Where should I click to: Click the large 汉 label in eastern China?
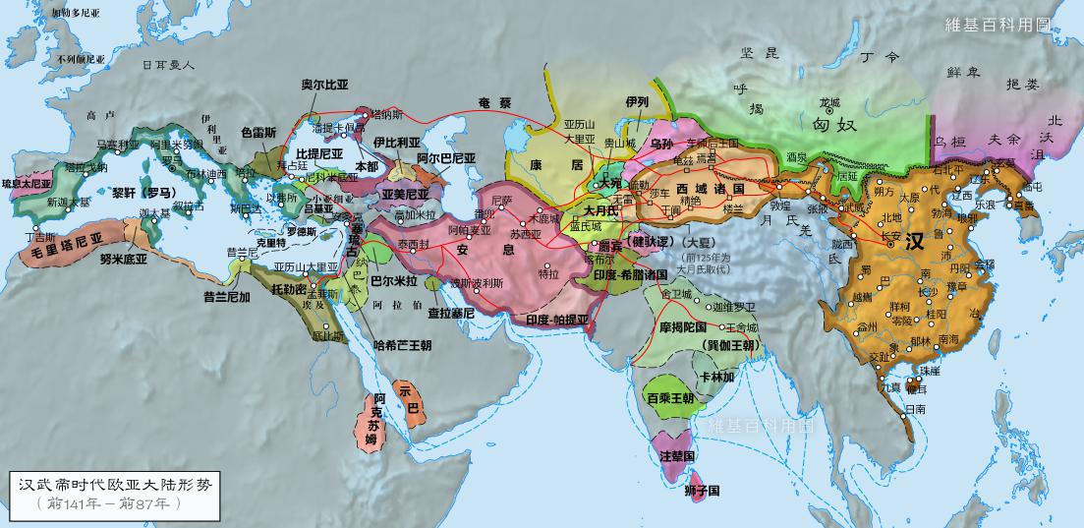[x=914, y=242]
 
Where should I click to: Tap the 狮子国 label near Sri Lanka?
[x=703, y=491]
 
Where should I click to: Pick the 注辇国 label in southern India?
[x=677, y=457]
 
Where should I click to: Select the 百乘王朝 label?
[x=671, y=398]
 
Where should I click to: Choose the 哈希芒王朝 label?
[x=403, y=345]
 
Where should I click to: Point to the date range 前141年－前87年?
[x=109, y=503]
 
